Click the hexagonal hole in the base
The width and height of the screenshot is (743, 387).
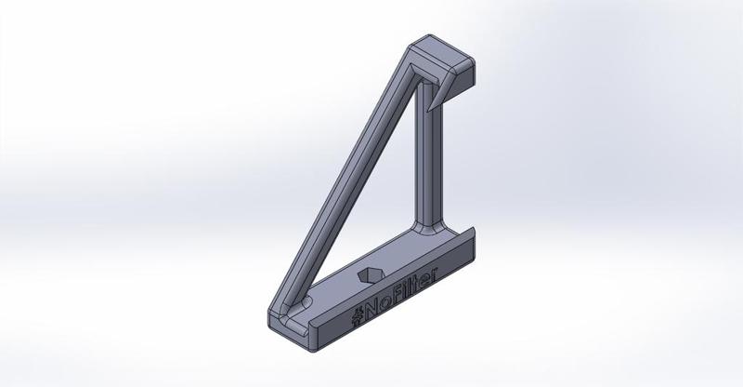tap(371, 274)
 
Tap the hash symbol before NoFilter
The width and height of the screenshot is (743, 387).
tap(357, 314)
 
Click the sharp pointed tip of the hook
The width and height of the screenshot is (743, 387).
tap(428, 111)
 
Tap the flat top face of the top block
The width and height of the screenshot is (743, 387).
tap(439, 53)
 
